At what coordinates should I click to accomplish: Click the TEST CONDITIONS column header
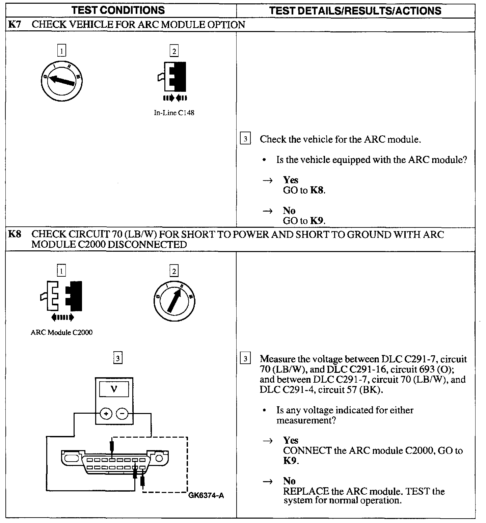pyautogui.click(x=118, y=10)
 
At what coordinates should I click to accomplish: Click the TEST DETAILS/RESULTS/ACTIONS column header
pyautogui.click(x=355, y=10)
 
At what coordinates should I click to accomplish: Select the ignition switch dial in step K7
pyautogui.click(x=61, y=80)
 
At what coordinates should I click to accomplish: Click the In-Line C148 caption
pyautogui.click(x=174, y=113)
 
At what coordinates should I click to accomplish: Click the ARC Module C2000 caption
pyautogui.click(x=61, y=332)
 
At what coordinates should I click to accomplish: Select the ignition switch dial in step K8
pyautogui.click(x=174, y=300)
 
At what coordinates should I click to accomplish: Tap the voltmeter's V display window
pyautogui.click(x=114, y=389)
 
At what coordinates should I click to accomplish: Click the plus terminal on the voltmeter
pyautogui.click(x=106, y=413)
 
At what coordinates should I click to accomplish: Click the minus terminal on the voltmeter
pyautogui.click(x=122, y=413)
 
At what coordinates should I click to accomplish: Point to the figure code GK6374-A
pyautogui.click(x=206, y=495)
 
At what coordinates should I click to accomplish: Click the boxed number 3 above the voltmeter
pyautogui.click(x=117, y=358)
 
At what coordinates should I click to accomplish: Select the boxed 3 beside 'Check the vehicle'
pyautogui.click(x=245, y=139)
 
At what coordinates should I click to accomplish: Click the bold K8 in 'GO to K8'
pyautogui.click(x=317, y=190)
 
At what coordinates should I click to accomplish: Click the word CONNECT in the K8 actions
pyautogui.click(x=307, y=450)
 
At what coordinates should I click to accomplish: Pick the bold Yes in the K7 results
pyautogui.click(x=291, y=180)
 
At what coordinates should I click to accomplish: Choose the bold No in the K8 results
pyautogui.click(x=289, y=481)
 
